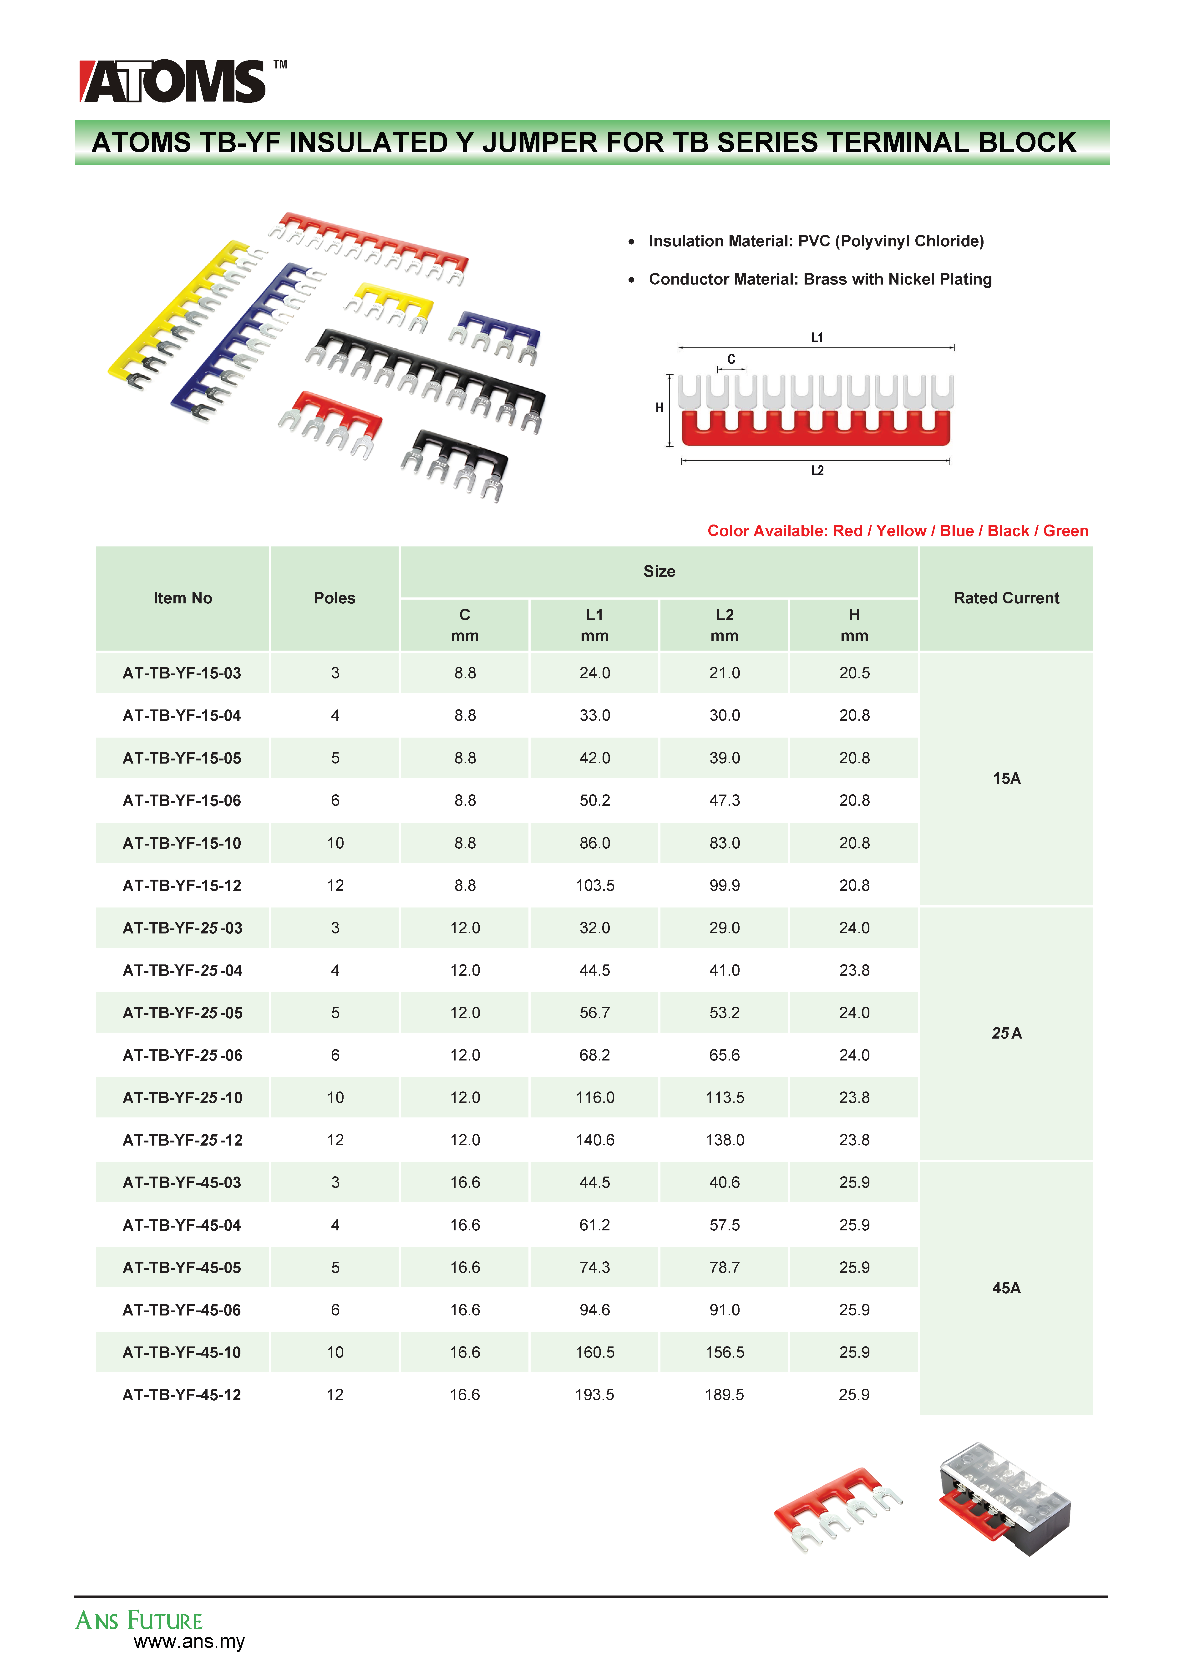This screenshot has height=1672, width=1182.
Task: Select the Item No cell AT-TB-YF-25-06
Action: pyautogui.click(x=182, y=1055)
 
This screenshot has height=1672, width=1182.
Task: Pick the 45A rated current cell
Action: pyautogui.click(x=1006, y=1288)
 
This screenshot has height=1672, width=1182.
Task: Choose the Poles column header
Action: pyautogui.click(x=334, y=598)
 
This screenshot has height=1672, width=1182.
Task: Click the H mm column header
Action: pyautogui.click(x=853, y=625)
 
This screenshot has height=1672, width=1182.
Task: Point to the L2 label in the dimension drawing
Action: pyautogui.click(x=817, y=470)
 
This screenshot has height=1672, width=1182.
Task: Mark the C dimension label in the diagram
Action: pyautogui.click(x=731, y=359)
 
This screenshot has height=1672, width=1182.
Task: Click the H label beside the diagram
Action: pyautogui.click(x=659, y=408)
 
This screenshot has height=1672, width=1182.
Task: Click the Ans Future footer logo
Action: pyautogui.click(x=138, y=1620)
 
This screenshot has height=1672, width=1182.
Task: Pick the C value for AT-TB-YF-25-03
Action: pyautogui.click(x=465, y=928)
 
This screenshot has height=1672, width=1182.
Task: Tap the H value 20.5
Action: pyautogui.click(x=853, y=673)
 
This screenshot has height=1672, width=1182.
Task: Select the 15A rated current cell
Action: pyautogui.click(x=1006, y=779)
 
